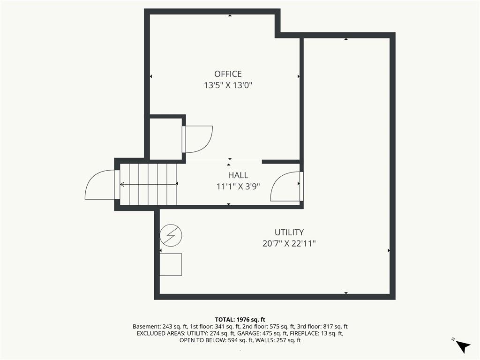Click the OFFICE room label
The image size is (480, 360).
pos(228,74)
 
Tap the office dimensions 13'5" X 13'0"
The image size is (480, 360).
pos(228,85)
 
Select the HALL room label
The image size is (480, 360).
pos(238,175)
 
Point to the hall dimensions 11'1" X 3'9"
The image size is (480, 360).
pos(238,187)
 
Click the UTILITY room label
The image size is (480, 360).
pos(289,232)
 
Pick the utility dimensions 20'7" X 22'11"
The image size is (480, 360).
pos(289,244)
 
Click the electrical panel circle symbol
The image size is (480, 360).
pos(171,235)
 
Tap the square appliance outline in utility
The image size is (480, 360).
pos(171,264)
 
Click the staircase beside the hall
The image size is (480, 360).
pos(149,184)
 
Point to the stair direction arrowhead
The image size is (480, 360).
pos(122,184)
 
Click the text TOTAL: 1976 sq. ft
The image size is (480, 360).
pos(240,320)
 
